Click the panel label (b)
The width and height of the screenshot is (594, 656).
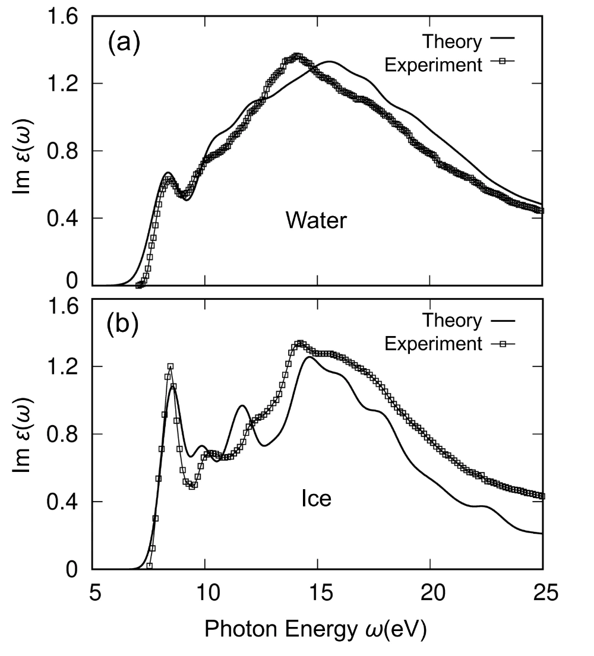click(123, 326)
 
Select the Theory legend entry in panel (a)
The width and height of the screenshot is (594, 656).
click(451, 42)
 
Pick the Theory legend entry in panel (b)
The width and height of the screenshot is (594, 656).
click(451, 321)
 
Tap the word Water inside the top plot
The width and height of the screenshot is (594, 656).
click(315, 221)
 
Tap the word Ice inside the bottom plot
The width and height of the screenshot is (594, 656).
click(315, 499)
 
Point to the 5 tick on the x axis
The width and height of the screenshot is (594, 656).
click(93, 594)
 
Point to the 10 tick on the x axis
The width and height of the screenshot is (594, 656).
click(205, 594)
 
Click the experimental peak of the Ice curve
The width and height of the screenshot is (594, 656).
click(301, 343)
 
